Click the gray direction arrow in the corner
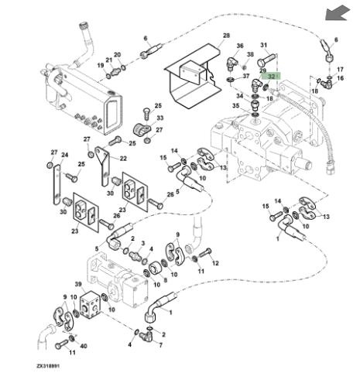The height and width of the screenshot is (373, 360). point(337,13)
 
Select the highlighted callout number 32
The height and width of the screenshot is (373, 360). point(271,77)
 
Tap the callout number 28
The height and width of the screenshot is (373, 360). point(226,36)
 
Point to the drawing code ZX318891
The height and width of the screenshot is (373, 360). point(48,366)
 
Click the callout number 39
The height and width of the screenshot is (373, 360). point(78,284)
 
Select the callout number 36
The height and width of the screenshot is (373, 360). point(240,46)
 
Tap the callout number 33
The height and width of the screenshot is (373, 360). point(160,118)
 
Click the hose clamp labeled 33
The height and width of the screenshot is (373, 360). point(142,129)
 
